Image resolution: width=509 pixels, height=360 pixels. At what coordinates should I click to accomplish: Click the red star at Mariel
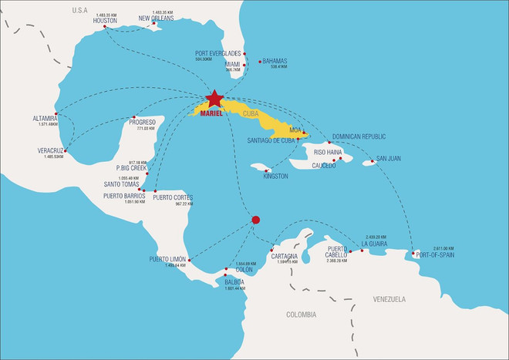click(214, 99)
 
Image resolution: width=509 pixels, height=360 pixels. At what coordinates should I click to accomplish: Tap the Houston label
click(105, 21)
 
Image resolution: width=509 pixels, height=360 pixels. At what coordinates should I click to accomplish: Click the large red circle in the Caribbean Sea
click(256, 220)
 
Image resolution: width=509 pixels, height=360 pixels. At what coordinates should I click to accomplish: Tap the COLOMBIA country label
click(301, 315)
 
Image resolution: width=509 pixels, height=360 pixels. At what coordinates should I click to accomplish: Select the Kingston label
click(275, 177)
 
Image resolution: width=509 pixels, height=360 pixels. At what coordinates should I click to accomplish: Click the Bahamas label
click(275, 60)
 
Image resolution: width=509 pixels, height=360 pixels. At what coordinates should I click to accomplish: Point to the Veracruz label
click(51, 150)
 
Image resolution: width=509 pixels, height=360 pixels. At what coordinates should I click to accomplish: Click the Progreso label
click(141, 122)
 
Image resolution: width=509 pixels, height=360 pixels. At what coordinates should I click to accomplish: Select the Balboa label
click(234, 282)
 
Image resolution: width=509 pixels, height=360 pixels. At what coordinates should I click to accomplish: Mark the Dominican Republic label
click(359, 136)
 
